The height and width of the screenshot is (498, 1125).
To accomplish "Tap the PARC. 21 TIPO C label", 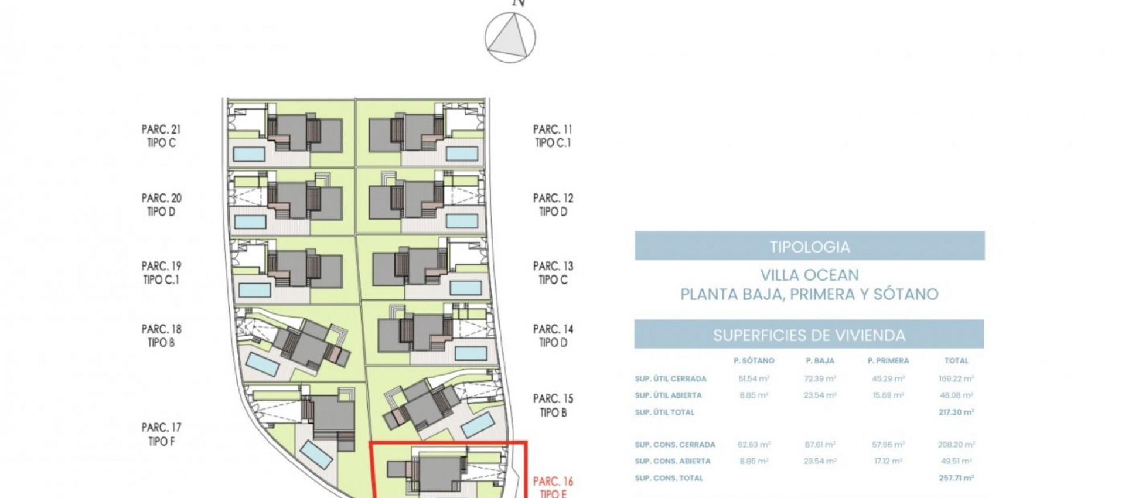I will coord(161,136).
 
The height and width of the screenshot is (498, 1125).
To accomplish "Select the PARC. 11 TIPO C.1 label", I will coord(553,136).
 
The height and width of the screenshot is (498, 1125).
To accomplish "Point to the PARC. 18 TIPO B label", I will coord(161,336).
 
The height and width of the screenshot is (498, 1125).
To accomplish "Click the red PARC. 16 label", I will coord(553,482).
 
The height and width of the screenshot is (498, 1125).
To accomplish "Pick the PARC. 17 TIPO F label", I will coord(161,435).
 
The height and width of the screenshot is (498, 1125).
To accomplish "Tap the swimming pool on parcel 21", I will coord(249,154).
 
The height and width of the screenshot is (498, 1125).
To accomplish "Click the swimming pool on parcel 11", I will coord(462,154).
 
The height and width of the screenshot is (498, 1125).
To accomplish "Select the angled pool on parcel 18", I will coord(262,364).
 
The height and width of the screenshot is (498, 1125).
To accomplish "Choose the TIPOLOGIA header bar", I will coord(809,246).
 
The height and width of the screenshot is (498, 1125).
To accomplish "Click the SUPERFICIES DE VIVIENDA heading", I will coord(809,335).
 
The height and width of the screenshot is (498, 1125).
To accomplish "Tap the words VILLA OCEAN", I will coord(809,275).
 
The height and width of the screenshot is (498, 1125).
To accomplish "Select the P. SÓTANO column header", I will coord(754,361).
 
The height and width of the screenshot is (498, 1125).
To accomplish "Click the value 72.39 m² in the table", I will coord(820,378).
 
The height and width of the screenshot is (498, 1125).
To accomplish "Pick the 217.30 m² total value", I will coord(956,412).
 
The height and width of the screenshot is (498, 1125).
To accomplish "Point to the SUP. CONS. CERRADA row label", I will coord(674,445).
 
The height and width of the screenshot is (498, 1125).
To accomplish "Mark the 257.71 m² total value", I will coord(956,478).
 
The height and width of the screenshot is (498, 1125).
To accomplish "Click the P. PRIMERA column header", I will coord(888,361).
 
